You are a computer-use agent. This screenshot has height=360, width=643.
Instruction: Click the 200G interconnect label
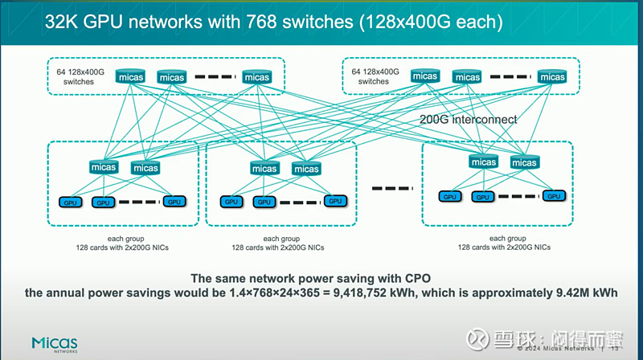[x=469, y=119]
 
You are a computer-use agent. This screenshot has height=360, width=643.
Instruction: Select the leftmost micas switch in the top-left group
[x=130, y=77]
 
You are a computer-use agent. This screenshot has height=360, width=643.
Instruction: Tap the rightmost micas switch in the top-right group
[x=552, y=76]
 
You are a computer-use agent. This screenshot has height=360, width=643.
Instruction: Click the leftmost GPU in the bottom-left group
[x=72, y=202]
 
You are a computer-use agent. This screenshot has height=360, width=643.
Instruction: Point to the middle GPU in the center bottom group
[x=263, y=202]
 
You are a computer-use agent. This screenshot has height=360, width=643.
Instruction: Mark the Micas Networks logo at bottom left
[x=55, y=343]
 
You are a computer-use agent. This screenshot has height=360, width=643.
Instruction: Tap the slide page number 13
[x=615, y=349]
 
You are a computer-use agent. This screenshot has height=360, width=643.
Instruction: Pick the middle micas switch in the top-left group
[x=172, y=77]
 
